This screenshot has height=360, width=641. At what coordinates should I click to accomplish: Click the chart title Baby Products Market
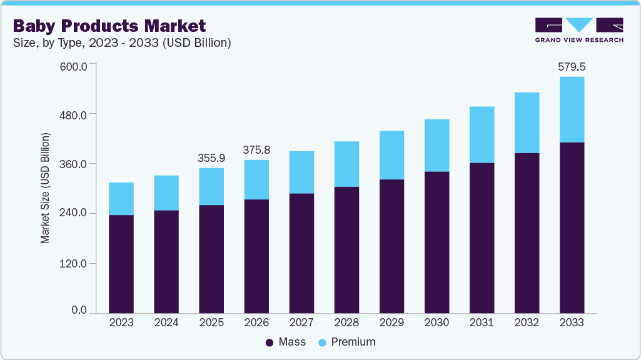click(x=109, y=26)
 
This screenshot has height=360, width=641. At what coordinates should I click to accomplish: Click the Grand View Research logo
click(x=578, y=30)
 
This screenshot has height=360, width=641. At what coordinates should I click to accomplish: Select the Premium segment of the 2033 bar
click(x=572, y=109)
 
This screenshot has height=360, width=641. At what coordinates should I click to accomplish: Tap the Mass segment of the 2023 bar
click(x=121, y=264)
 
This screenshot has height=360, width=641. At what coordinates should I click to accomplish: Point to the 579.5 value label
click(x=572, y=66)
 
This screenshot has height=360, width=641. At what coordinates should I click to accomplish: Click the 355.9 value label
click(x=211, y=158)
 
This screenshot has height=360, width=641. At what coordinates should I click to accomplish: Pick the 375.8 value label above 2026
click(x=256, y=150)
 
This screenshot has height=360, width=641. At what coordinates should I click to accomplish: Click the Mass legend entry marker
click(x=270, y=342)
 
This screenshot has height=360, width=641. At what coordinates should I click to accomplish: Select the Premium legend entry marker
click(x=322, y=342)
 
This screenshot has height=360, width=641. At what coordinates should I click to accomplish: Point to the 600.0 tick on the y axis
click(x=74, y=65)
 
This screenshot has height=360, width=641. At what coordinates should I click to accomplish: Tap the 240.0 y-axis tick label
click(x=74, y=214)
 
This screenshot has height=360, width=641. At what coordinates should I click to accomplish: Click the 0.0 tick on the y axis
click(x=79, y=311)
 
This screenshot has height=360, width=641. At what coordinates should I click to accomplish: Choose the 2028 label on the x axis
click(x=346, y=323)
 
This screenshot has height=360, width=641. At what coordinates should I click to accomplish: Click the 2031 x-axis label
click(x=482, y=323)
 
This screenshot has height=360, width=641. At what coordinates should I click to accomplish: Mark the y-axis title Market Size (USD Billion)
click(x=45, y=187)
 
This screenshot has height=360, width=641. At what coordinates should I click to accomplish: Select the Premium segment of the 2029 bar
click(x=391, y=155)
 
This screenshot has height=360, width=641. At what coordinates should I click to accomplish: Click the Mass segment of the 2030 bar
click(x=437, y=242)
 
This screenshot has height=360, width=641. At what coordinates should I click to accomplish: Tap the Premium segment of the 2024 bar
click(x=166, y=192)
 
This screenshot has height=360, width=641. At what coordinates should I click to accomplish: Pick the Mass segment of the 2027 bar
click(x=301, y=253)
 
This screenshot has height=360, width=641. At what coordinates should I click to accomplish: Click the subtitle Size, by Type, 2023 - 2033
click(x=123, y=43)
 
